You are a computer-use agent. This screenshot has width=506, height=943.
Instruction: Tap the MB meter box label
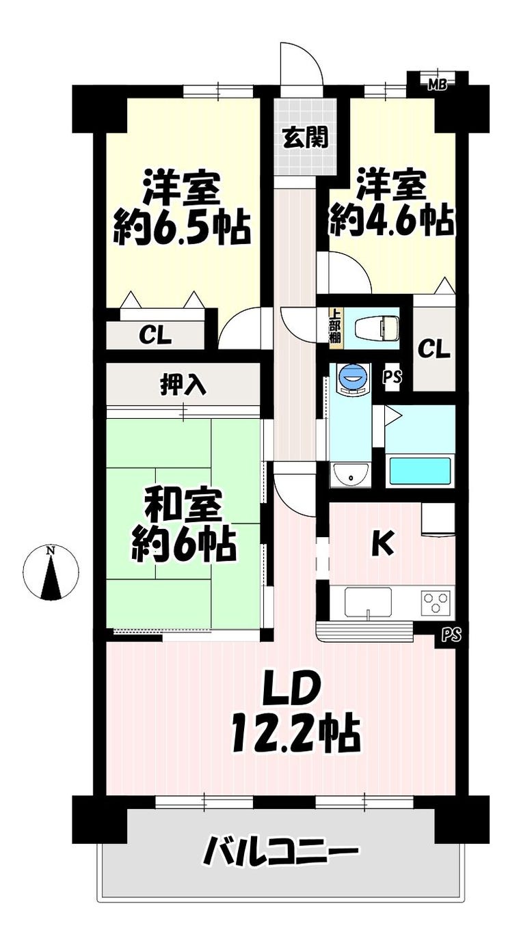pos(438,85)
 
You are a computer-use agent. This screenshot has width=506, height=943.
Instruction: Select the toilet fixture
pos(377,328)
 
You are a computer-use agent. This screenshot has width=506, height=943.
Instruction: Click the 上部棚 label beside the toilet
pos(335,329)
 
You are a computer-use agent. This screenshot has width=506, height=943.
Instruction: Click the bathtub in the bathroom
pos(421,471)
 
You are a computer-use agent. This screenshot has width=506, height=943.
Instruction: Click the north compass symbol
pos(51,572)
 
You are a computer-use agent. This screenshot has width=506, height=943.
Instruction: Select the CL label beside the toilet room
pos(434,349)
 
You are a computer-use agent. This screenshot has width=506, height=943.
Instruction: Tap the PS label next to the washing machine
pos(392,376)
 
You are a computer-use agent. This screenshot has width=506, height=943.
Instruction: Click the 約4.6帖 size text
pos(392,221)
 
